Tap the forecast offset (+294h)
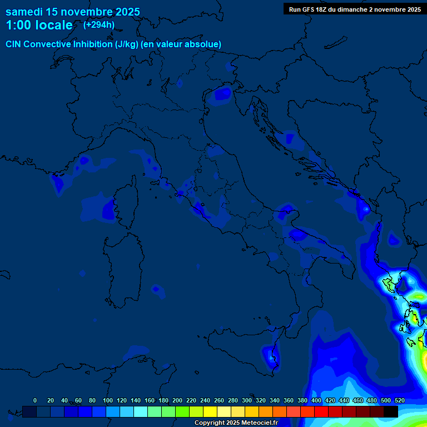(99, 25)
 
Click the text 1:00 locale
(39, 26)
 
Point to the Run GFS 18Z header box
(355, 9)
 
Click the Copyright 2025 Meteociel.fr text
(236, 423)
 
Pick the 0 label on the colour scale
(35, 400)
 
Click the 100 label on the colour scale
(108, 400)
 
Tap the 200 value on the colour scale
(177, 400)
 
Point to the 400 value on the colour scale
(316, 400)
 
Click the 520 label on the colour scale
(399, 400)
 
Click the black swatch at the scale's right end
(391, 411)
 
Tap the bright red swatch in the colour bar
(321, 411)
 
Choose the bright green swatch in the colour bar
(182, 411)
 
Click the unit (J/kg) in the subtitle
(127, 44)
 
